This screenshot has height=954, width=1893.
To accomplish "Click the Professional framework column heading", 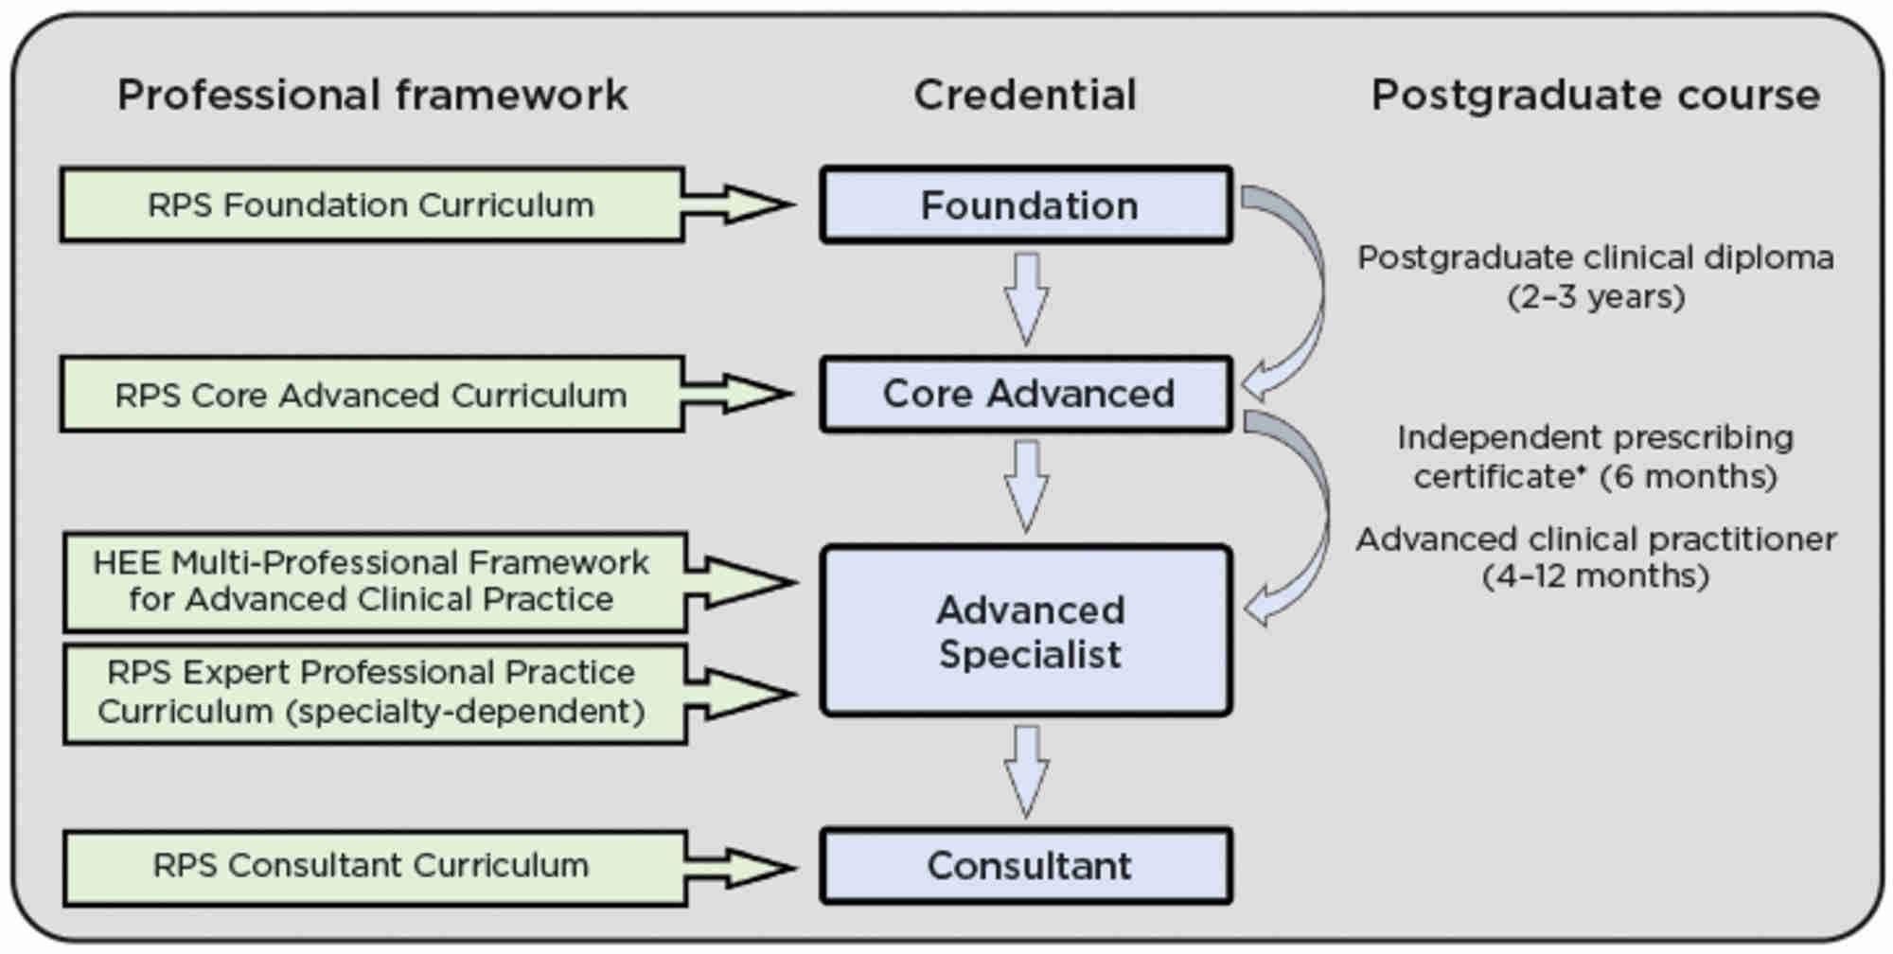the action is point(372,96).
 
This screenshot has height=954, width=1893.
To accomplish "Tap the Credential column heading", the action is point(1025,96).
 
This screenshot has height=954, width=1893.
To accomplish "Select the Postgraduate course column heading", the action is point(1596,96).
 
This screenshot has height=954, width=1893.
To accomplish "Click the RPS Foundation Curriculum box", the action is point(372,204).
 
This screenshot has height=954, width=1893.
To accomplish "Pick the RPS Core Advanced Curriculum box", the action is point(372,394).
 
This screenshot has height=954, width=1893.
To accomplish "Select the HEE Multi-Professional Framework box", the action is point(375,582).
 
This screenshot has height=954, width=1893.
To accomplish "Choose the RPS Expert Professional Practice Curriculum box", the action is point(375,694).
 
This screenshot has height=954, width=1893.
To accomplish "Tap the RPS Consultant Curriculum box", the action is point(375,867).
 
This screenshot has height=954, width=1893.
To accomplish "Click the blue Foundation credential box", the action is point(1027,205).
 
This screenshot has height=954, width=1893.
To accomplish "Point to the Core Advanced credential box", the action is point(1027,394).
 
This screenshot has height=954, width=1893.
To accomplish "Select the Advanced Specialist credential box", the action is point(1027,630).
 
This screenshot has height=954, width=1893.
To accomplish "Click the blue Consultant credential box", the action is point(1027,866).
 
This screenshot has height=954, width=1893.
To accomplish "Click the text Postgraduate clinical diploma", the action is point(1596,257).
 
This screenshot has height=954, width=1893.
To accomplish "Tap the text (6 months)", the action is point(1689,476).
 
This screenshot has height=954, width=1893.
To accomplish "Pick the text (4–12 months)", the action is point(1596,575).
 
